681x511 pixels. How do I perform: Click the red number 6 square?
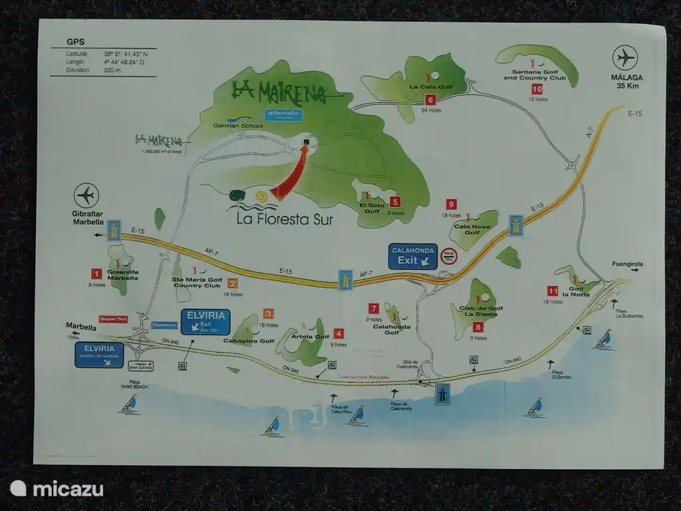430,100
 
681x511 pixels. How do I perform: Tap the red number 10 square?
537,89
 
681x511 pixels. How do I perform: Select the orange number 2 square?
232,283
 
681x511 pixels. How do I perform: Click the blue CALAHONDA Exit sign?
413,256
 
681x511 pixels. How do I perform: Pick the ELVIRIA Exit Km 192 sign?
205,321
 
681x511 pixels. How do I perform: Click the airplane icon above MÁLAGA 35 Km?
625,57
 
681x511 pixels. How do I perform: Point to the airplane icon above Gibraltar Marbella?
87,196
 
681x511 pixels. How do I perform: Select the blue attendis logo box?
284,114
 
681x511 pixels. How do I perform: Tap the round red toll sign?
450,256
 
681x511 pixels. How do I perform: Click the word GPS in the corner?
75,42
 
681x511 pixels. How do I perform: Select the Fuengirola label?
626,264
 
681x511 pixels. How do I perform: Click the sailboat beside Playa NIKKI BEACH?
130,404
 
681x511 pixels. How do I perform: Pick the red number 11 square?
553,291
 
